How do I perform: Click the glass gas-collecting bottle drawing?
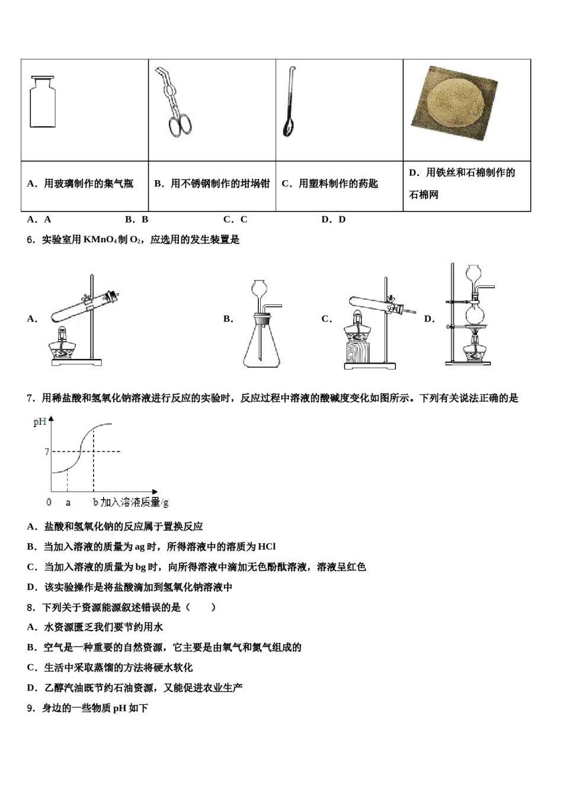tap(43, 102)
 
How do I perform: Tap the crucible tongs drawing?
tap(175, 103)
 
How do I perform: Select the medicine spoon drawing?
tap(289, 103)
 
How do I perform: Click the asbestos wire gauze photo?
tap(454, 104)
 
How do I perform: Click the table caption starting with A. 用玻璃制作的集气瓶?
tap(81, 184)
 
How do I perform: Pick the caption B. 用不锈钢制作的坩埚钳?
tap(212, 184)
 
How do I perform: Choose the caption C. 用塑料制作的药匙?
tap(330, 184)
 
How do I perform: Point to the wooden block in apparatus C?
tap(357, 352)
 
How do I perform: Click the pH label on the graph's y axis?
tap(40, 422)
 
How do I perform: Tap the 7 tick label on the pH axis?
tap(47, 452)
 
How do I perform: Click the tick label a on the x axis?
tap(68, 502)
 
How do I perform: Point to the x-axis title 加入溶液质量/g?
tap(135, 502)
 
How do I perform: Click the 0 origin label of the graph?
tap(49, 502)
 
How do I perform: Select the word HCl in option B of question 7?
tap(267, 547)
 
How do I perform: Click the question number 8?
tap(31, 607)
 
